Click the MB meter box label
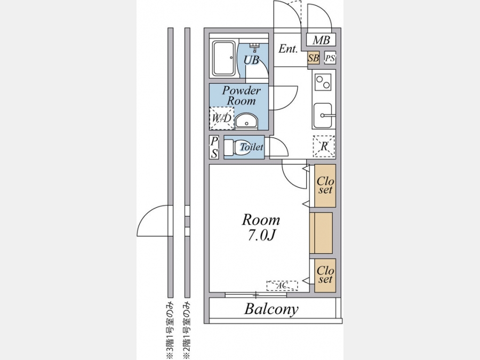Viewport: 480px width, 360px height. pyautogui.click(x=321, y=40)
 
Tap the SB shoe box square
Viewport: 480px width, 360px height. pyautogui.click(x=314, y=58)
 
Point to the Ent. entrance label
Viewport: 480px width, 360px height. pyautogui.click(x=288, y=49)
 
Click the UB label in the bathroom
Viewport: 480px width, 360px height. pyautogui.click(x=251, y=60)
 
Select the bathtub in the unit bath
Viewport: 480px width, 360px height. pyautogui.click(x=224, y=59)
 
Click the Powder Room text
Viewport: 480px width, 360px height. pyautogui.click(x=241, y=95)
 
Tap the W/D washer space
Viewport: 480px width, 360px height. pyautogui.click(x=222, y=118)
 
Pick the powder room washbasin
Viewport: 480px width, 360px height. pyautogui.click(x=247, y=122)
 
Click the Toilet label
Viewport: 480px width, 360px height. pyautogui.click(x=252, y=147)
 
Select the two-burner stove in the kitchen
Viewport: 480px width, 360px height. pyautogui.click(x=323, y=82)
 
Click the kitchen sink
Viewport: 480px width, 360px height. pyautogui.click(x=323, y=115)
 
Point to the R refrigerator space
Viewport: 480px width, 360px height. pyautogui.click(x=324, y=146)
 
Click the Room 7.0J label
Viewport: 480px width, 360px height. pyautogui.click(x=261, y=227)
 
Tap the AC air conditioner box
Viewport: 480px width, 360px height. pyautogui.click(x=282, y=286)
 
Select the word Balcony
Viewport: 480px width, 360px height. pyautogui.click(x=271, y=309)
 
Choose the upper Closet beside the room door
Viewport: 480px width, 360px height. pyautogui.click(x=325, y=186)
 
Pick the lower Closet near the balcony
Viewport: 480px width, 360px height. pyautogui.click(x=325, y=275)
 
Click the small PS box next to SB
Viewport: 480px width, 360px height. pyautogui.click(x=330, y=58)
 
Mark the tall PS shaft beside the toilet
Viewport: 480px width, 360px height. pyautogui.click(x=214, y=147)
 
